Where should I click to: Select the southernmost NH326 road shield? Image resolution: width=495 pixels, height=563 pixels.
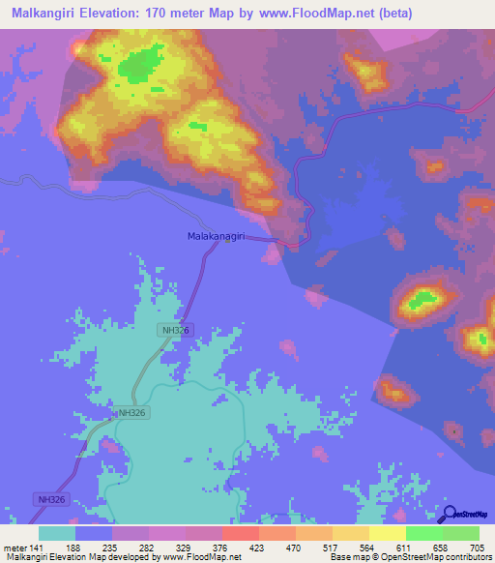coord(52,499)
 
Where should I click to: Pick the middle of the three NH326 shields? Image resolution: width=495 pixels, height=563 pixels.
coord(132,412)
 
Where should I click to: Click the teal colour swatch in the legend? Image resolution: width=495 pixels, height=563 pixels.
coord(57,533)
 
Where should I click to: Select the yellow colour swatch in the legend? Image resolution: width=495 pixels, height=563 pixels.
coord(387,533)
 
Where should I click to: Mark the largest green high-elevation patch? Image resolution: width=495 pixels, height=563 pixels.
coord(140,67)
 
